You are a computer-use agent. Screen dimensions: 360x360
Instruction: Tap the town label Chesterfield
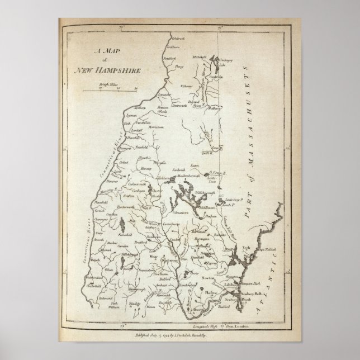pyautogui.click(x=100, y=283)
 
